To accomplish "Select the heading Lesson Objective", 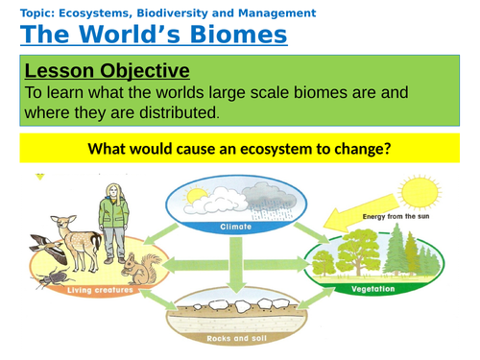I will click(x=107, y=71).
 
